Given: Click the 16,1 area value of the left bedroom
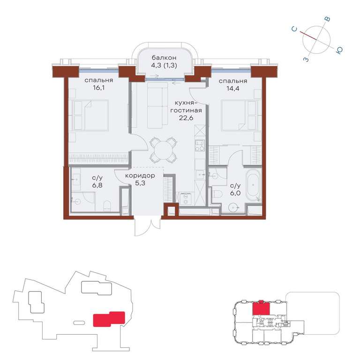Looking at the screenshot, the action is pos(99,88).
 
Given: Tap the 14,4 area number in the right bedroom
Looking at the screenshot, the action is pos(233,89).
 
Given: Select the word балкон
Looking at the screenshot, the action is pos(164,58).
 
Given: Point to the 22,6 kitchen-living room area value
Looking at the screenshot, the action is pos(186,118).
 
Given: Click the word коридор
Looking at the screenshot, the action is pos(140,176).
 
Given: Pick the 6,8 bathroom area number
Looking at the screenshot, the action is pos(97,185).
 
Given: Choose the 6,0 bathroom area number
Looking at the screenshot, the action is pos(235,193).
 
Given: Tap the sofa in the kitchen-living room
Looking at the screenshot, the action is pos(157,105).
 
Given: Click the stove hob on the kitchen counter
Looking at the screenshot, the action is pos(200,146).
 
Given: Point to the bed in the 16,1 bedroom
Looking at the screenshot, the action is pos(90,115).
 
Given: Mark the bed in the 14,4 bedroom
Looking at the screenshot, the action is pos(239,115).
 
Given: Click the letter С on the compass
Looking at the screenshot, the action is pos(294,29).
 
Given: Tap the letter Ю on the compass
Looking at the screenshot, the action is pos(339,50).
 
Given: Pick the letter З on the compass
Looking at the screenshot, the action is pos(306,60).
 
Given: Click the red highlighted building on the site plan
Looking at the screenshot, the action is pos(109,319).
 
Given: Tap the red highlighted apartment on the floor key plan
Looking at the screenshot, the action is pos(261,307).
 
